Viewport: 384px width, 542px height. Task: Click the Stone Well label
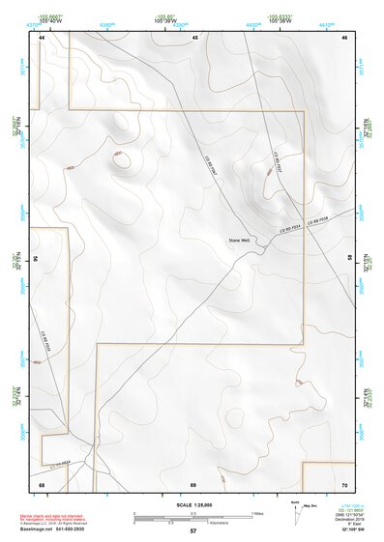238,240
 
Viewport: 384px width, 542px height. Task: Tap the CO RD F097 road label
214,166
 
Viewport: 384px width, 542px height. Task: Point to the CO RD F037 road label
279,160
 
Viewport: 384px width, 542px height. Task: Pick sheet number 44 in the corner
42,37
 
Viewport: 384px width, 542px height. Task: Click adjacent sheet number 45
194,37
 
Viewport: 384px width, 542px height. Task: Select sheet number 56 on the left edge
35,259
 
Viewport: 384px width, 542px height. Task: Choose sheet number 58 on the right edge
349,259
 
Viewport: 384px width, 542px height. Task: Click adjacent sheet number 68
42,483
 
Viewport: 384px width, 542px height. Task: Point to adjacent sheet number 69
193,483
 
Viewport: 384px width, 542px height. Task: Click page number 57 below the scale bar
193,531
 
